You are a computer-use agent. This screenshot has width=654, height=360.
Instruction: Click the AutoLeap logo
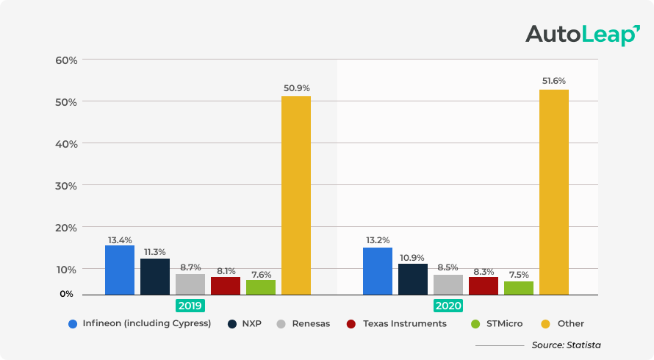click(x=583, y=35)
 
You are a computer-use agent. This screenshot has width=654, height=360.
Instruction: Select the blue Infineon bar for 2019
click(x=120, y=270)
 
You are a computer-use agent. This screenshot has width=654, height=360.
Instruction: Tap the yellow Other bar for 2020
click(x=554, y=192)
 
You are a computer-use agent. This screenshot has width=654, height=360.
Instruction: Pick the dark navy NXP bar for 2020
click(x=413, y=279)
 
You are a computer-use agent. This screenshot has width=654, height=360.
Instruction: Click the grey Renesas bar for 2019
click(x=190, y=284)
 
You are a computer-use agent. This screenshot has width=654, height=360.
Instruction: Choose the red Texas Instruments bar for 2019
click(x=226, y=286)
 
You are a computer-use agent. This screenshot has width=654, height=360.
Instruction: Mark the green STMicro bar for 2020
click(x=519, y=288)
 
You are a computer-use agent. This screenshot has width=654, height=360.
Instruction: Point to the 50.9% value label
click(x=296, y=88)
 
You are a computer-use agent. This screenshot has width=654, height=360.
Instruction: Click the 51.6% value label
click(x=554, y=81)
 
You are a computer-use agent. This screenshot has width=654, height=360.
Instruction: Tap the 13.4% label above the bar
click(x=120, y=240)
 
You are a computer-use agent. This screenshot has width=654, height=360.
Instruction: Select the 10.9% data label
click(x=413, y=258)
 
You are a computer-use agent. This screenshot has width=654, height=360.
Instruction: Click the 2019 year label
click(x=190, y=306)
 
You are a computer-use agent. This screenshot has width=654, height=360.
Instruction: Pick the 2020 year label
click(x=448, y=306)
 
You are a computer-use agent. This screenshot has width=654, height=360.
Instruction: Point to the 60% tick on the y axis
click(x=67, y=60)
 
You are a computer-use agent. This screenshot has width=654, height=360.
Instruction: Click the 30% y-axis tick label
click(x=67, y=186)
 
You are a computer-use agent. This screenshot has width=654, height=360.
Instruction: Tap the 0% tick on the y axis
click(x=67, y=294)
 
